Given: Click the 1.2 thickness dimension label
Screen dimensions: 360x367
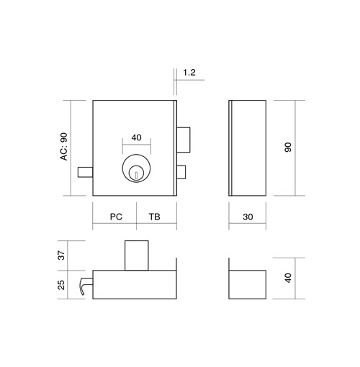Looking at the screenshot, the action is pos(189,73).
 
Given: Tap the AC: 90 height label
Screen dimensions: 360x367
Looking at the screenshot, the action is pos(64,146).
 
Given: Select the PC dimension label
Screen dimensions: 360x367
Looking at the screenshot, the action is pos(116,217).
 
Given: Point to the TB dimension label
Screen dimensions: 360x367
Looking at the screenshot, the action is pos(154,217).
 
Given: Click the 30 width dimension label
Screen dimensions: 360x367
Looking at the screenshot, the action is pos(248,217).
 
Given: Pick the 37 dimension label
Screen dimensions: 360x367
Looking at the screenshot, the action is pos(62,255).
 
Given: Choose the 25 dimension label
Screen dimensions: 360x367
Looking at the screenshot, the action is pos(62,285).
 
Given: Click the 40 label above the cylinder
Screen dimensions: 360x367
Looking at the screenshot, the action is pos(136,137).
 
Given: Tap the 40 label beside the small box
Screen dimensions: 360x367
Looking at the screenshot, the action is pos(288,278).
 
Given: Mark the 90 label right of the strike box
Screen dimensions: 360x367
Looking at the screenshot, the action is pos(288,147).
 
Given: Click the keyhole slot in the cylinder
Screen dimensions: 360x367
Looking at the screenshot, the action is pos(136,175).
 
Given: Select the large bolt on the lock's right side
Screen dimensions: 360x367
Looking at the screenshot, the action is pos(184,140).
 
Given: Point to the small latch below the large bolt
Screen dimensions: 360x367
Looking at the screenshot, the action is pos(181,172).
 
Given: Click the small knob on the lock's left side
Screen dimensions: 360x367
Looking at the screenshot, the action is pos(86,172).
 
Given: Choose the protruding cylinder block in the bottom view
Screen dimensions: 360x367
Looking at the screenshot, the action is pos(137,255).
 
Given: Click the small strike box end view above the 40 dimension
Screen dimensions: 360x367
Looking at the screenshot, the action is pos(247,284).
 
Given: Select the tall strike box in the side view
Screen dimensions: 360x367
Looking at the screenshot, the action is pos(247,148).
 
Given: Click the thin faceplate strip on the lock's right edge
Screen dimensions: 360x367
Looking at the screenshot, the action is pos(175,148).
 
